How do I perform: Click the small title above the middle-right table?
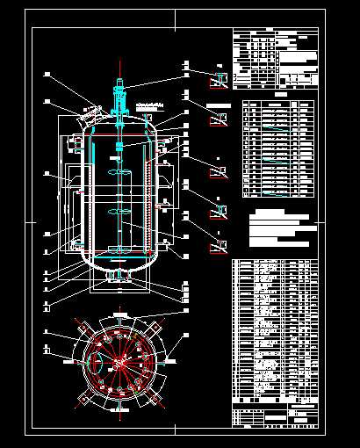[280, 95]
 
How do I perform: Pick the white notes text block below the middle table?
[280, 227]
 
